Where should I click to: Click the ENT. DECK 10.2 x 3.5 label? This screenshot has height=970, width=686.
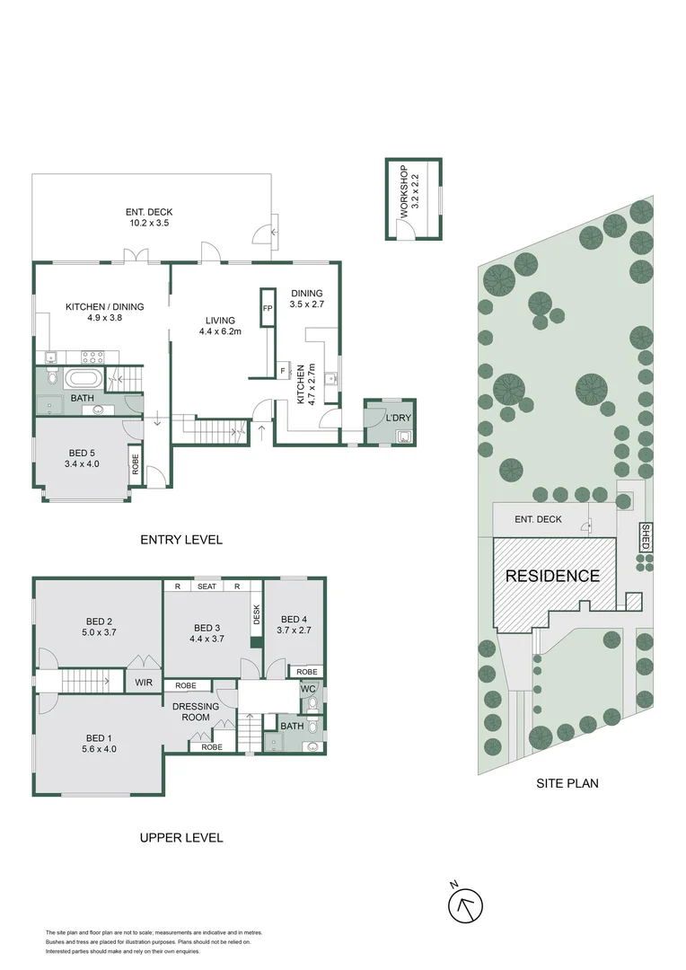click(147, 216)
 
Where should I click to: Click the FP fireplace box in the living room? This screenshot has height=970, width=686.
click(267, 308)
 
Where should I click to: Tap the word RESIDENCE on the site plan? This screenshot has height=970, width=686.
click(552, 576)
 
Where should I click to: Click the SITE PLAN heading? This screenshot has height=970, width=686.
click(567, 783)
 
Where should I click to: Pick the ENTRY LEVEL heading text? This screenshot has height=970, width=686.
click(181, 540)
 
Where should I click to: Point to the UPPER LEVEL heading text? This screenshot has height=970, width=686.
click(181, 838)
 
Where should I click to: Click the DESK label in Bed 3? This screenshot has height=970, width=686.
click(256, 615)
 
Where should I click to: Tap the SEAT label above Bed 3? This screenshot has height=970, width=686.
click(207, 586)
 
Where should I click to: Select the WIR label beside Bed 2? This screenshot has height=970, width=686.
click(144, 683)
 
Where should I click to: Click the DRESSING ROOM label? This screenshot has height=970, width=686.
click(195, 712)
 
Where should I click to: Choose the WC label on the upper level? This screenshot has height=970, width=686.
click(307, 690)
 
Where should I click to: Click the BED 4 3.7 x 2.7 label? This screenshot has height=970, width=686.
click(294, 625)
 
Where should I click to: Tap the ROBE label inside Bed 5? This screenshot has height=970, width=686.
click(135, 465)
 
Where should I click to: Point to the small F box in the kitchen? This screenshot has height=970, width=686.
click(283, 369)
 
